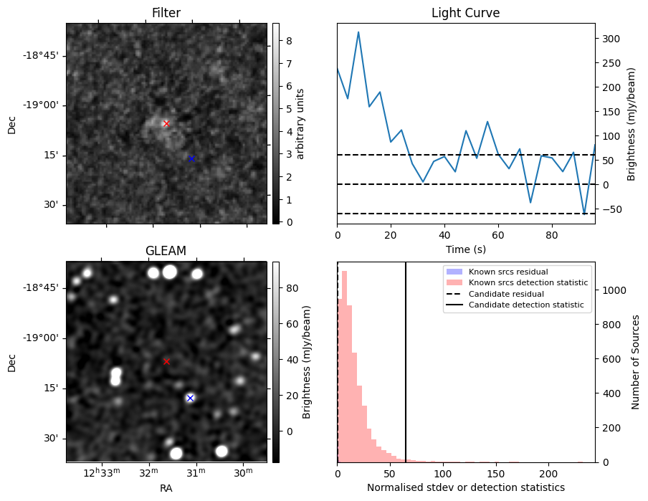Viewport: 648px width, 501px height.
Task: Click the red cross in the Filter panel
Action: (x=166, y=123)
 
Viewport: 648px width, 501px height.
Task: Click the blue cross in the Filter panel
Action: (x=191, y=158)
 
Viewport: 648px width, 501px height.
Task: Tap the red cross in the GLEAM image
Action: (x=166, y=361)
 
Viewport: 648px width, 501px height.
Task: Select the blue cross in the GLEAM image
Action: (x=190, y=398)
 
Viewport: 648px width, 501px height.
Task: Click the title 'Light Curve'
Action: (x=465, y=13)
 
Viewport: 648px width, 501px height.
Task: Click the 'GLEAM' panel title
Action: (x=166, y=251)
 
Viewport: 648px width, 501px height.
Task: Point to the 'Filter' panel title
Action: (x=166, y=13)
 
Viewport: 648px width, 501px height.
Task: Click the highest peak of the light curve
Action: (x=358, y=32)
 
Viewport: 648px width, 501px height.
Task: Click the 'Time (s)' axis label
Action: (x=465, y=249)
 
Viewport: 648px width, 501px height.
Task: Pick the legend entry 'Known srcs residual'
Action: (x=508, y=272)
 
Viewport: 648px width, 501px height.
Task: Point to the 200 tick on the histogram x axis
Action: (x=548, y=474)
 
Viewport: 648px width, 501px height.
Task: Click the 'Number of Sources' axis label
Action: (x=636, y=362)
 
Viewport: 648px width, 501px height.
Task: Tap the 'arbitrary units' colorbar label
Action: (x=301, y=123)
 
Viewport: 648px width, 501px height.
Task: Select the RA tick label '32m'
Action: (x=148, y=471)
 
